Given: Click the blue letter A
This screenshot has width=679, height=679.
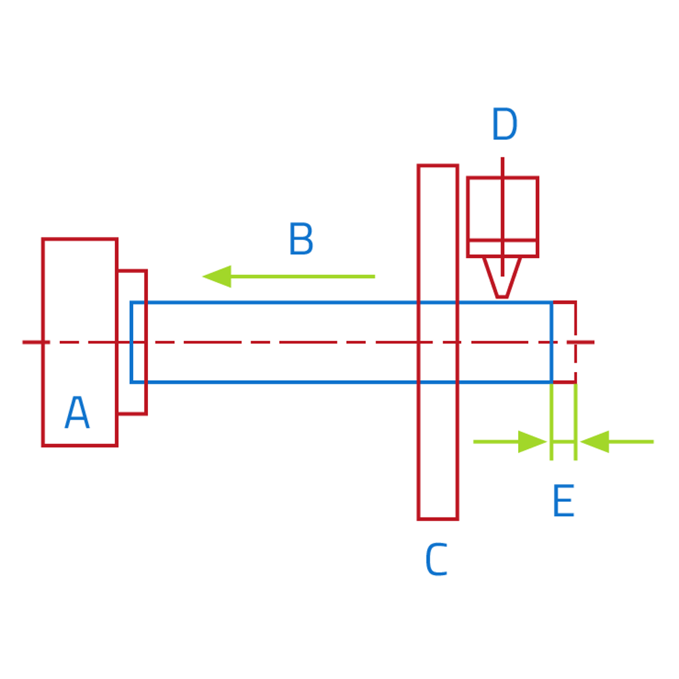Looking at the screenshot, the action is (77, 412).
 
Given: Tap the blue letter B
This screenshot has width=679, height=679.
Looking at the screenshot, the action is (301, 238).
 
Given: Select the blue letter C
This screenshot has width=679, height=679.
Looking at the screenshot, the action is (437, 559).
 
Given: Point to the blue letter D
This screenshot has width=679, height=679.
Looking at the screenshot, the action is (504, 124).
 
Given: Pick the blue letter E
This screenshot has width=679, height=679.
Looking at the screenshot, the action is (564, 500).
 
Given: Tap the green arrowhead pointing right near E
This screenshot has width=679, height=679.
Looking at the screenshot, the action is (532, 442).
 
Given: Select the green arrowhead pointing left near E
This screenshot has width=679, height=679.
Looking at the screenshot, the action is (595, 442).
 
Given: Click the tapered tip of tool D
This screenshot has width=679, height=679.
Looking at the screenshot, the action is (502, 297).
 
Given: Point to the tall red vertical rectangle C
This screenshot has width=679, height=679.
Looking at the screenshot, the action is (418, 342).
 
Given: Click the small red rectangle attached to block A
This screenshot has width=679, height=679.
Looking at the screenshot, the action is (147, 342).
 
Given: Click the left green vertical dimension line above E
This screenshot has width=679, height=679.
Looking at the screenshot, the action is (551, 422).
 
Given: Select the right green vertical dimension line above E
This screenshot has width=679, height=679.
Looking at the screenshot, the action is (576, 422).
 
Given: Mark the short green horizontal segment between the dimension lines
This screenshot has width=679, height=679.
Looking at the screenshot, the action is (564, 442).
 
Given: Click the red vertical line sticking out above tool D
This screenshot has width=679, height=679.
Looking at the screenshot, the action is (502, 167).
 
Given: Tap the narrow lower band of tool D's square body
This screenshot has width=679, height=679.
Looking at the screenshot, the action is (502, 248).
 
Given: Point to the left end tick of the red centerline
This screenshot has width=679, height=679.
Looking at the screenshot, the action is (36, 342).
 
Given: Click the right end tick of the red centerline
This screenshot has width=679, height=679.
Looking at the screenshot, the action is (581, 342).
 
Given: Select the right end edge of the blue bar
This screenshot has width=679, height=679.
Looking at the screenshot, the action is (551, 342).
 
